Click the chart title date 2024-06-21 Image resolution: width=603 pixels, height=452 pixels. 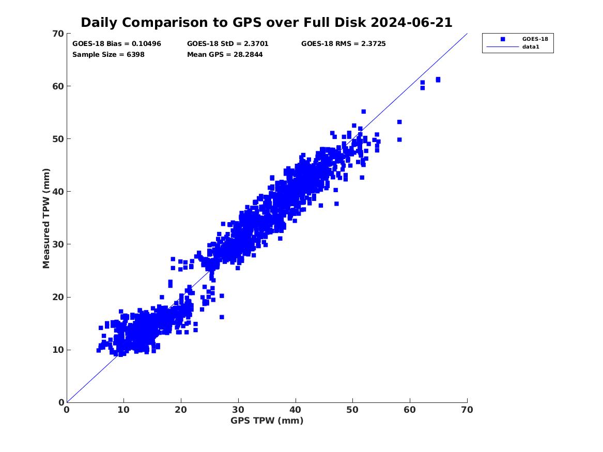[x=411, y=23]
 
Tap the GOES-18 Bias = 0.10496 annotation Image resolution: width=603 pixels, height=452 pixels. [x=117, y=44]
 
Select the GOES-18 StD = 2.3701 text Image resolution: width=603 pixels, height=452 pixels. [x=228, y=44]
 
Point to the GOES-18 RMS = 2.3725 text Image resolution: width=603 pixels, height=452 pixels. [x=344, y=44]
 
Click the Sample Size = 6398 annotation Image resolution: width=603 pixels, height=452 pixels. [x=109, y=55]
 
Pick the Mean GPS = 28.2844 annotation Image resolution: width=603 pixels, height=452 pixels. [x=225, y=55]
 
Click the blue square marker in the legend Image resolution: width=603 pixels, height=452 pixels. [x=503, y=39]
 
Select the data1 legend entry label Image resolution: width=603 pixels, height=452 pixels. [x=531, y=46]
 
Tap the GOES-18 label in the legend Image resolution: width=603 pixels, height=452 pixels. [x=535, y=39]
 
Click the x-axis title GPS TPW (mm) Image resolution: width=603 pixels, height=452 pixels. [x=267, y=420]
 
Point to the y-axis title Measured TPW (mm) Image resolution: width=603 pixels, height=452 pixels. [x=46, y=219]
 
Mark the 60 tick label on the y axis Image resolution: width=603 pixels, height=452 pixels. [x=58, y=86]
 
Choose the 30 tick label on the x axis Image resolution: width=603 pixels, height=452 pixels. [x=238, y=410]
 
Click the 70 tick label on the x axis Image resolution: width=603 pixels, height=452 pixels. [x=467, y=410]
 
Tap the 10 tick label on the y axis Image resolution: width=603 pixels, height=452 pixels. [x=58, y=350]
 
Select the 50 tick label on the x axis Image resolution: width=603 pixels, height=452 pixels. [x=352, y=410]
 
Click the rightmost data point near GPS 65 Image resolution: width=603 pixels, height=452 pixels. [x=438, y=80]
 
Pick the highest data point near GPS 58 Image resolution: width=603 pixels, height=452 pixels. [x=399, y=122]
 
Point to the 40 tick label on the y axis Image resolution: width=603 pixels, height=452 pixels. [x=58, y=192]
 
